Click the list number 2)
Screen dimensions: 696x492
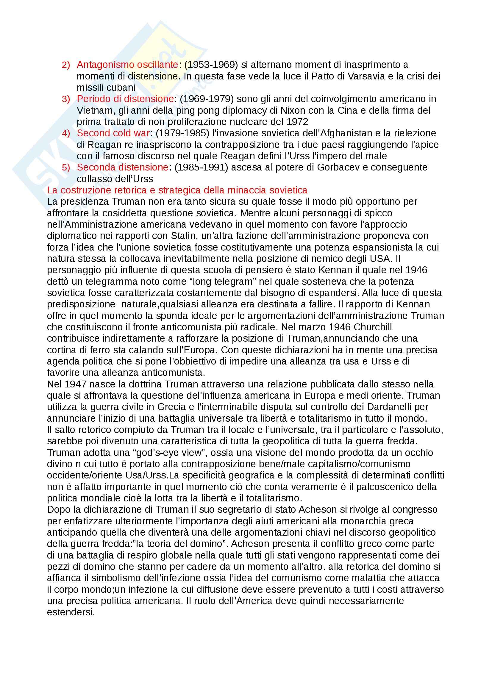66,65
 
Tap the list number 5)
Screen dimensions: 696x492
66,168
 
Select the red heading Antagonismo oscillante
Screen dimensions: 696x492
127,65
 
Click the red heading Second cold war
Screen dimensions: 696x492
113,133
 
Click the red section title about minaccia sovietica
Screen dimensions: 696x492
177,190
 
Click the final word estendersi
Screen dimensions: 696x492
71,612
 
